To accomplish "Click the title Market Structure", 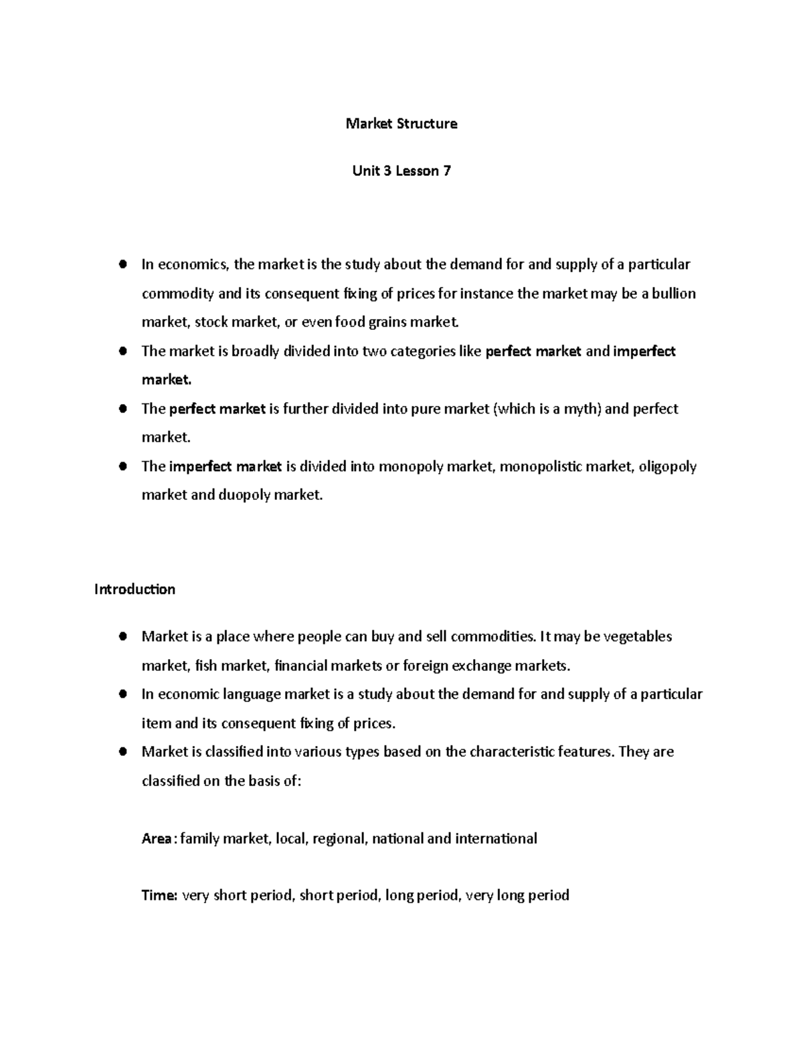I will click(401, 124).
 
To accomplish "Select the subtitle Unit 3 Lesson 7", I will click(401, 171).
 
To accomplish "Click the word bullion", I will click(674, 294).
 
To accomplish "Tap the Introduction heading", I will click(135, 589).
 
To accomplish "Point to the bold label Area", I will click(157, 839).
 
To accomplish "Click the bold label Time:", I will click(159, 896).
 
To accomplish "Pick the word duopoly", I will click(245, 496).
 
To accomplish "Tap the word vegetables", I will click(637, 636).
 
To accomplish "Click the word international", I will click(496, 839).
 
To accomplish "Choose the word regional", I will click(339, 839).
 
